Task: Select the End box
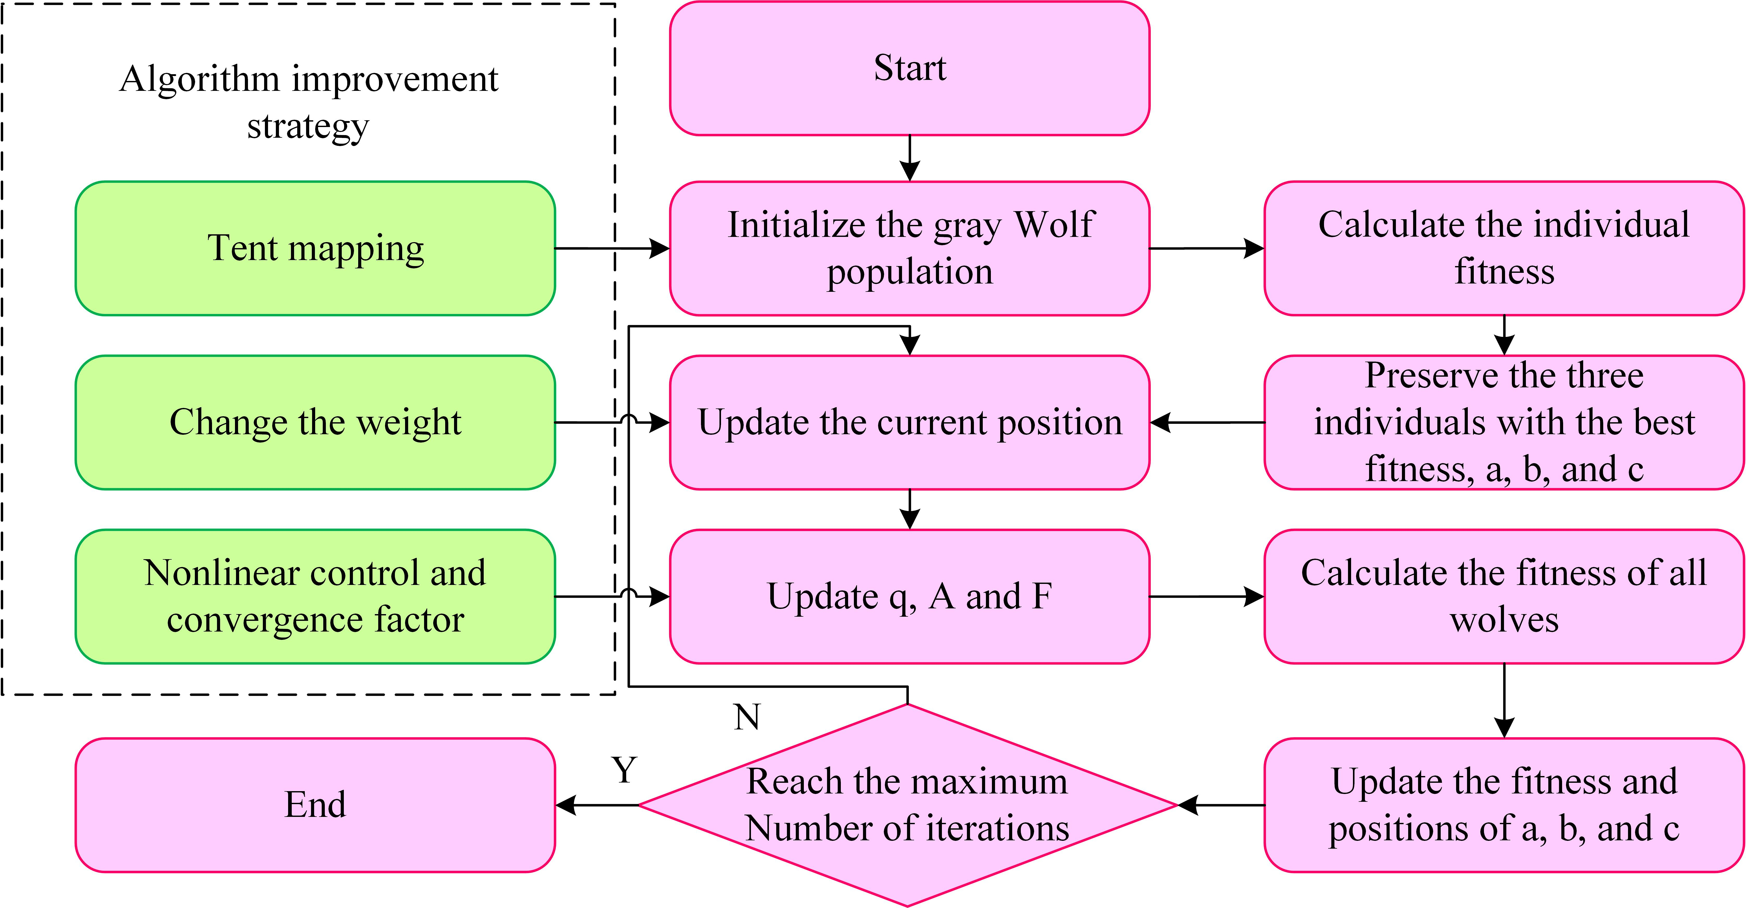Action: coord(315,805)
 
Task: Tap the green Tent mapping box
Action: coord(315,248)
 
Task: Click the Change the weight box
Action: coord(315,422)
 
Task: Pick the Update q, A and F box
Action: coord(910,596)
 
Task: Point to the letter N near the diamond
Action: coord(747,717)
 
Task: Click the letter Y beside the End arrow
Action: coord(624,770)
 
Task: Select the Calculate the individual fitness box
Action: coord(1504,248)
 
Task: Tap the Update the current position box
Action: coord(910,422)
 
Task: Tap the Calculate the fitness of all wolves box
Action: coord(1504,596)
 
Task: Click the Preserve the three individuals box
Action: coord(1504,422)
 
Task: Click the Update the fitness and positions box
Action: coord(1504,805)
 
